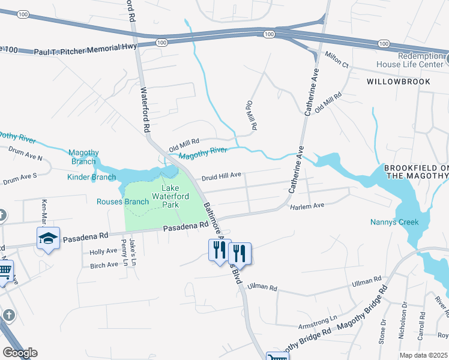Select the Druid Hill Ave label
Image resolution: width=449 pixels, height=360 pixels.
[221, 176]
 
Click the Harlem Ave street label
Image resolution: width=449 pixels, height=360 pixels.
[307, 206]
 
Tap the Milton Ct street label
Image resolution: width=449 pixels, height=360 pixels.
[337, 59]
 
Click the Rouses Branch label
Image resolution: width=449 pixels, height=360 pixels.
[122, 202]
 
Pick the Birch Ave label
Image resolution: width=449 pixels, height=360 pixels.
[104, 265]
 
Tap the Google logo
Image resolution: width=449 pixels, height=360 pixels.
[20, 353]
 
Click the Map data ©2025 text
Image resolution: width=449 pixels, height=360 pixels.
[424, 355]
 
